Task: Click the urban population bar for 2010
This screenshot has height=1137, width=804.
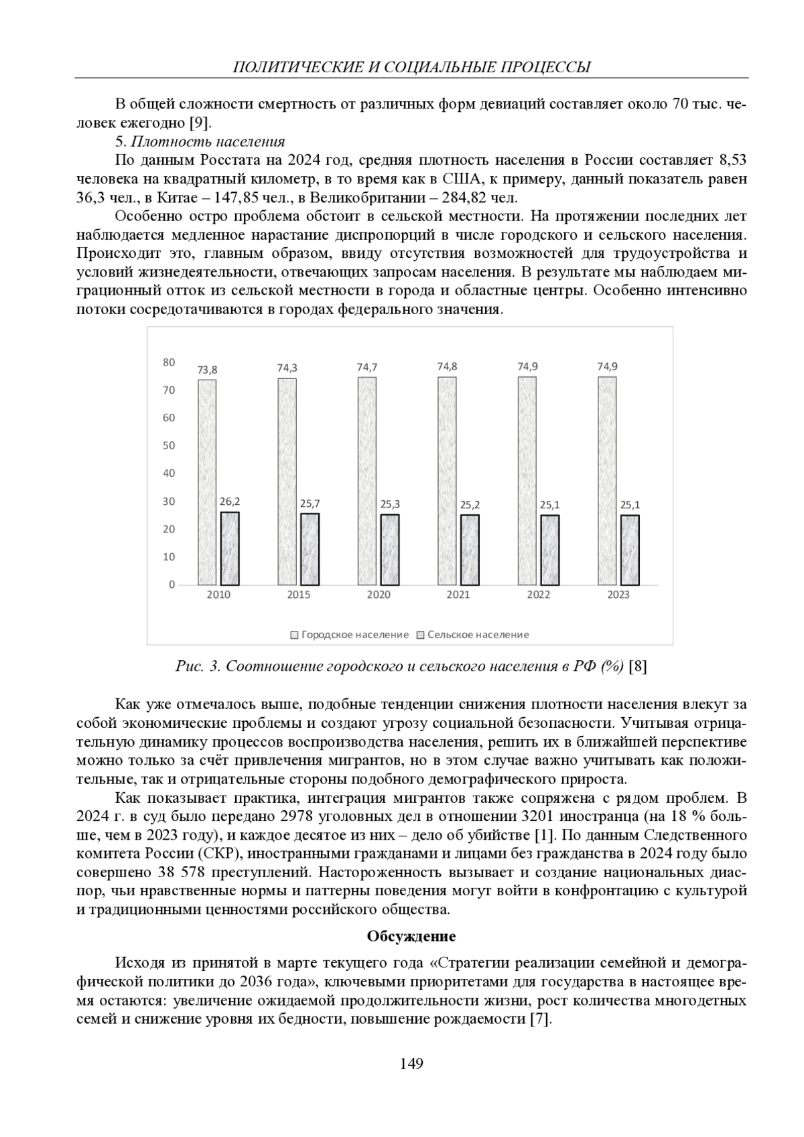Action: click(207, 482)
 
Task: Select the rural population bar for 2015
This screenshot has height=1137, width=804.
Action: click(310, 549)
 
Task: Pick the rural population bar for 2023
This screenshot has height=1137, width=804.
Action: click(630, 550)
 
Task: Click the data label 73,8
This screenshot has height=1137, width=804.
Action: click(207, 369)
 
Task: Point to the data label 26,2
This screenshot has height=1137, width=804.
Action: click(230, 501)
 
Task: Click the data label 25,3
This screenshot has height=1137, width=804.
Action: click(390, 504)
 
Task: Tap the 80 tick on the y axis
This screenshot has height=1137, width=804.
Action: click(169, 362)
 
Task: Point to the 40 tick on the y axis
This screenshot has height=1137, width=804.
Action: click(169, 473)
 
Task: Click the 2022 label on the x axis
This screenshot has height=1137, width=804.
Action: click(539, 595)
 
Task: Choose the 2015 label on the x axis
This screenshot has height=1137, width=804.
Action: click(298, 595)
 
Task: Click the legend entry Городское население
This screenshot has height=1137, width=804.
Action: click(349, 635)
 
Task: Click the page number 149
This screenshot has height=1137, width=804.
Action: click(411, 1063)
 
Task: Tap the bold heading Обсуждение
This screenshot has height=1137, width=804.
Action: click(411, 936)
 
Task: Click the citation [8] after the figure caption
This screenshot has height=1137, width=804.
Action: click(639, 666)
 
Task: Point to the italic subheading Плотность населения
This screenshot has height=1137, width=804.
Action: click(208, 142)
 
